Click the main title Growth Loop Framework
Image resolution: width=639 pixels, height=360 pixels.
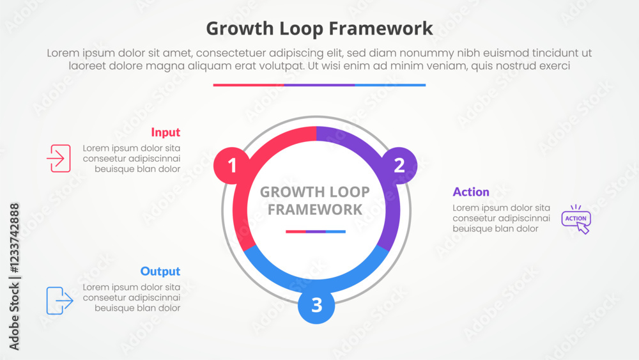(x=319, y=29)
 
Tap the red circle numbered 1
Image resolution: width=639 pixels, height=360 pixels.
(x=232, y=166)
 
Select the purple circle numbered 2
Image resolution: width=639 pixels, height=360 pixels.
(x=399, y=165)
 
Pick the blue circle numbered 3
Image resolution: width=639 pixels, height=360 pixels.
(x=316, y=306)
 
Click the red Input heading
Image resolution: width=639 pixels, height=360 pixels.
(x=166, y=132)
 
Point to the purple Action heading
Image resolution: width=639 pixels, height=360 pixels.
(x=471, y=192)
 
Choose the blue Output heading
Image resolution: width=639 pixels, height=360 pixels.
(x=160, y=271)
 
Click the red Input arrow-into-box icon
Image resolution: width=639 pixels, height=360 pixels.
(x=59, y=158)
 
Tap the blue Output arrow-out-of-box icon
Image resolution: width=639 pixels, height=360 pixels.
(x=59, y=301)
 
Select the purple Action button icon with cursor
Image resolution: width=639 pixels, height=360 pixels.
(x=576, y=219)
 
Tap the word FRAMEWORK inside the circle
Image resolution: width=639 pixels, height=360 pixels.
(x=315, y=209)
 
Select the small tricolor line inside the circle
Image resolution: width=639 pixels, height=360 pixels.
(x=316, y=231)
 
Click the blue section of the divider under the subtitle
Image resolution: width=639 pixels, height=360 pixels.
(x=390, y=84)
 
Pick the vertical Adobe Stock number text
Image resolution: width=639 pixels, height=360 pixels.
(x=14, y=276)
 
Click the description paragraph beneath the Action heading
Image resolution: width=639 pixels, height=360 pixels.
(x=501, y=218)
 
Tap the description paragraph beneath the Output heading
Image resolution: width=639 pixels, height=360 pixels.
(x=131, y=297)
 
